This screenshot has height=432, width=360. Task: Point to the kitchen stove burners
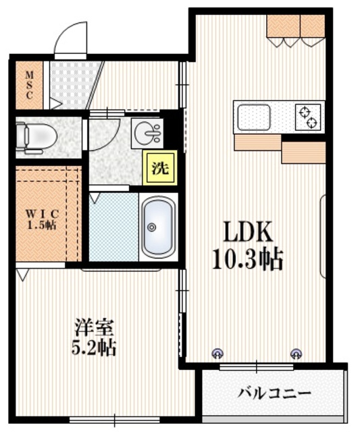click(309, 116)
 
